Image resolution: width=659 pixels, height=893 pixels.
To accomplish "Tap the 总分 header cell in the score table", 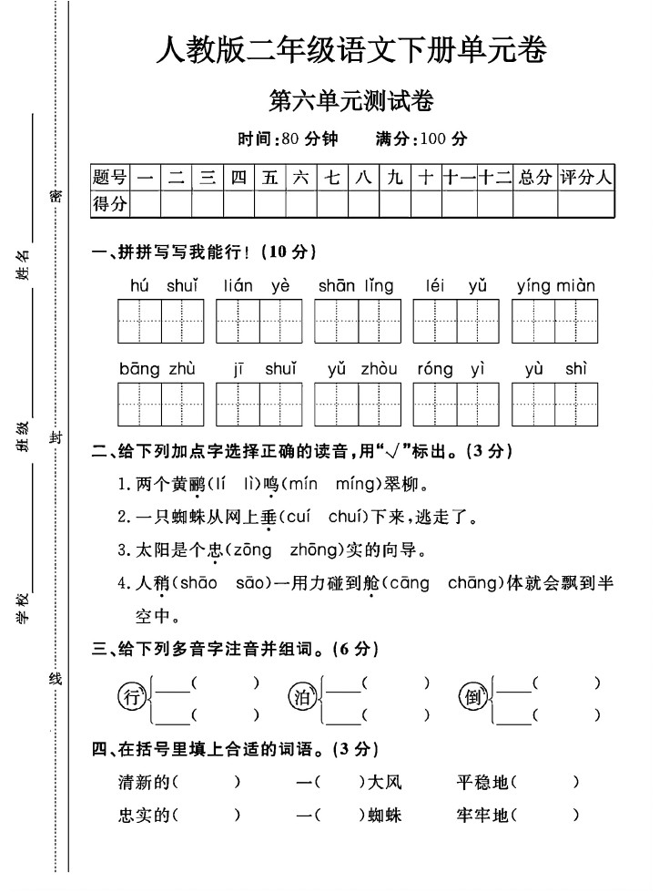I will pos(534,178).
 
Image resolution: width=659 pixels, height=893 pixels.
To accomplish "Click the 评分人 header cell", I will pos(586,178).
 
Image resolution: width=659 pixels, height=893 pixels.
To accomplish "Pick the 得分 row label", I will pos(110,204).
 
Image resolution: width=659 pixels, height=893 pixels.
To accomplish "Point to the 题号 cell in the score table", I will pos(110,178).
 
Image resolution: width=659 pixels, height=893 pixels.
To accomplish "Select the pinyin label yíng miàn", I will pos(554,286).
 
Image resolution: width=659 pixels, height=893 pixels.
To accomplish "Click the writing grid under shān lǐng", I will pos(358,321).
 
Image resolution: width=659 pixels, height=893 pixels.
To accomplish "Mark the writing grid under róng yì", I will pos(456,404).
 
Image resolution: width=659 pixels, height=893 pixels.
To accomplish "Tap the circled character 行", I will pos(133,699).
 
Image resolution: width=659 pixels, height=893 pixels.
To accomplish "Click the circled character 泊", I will pos(300,699).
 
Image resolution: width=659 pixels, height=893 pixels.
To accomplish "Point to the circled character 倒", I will pos(472,699).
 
